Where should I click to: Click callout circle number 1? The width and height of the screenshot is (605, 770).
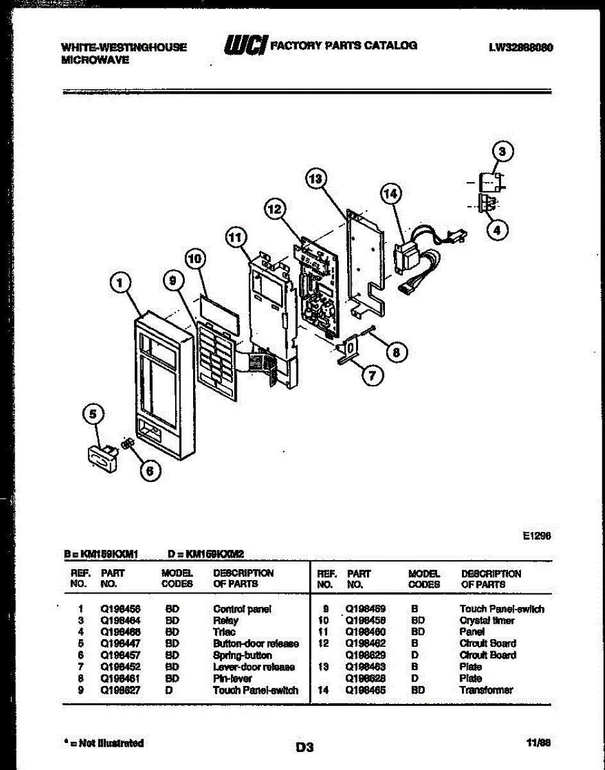coord(123,282)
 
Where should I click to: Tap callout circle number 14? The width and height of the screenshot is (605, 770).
coord(391,193)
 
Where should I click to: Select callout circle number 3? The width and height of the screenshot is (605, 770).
coord(503,152)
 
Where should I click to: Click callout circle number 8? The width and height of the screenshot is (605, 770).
coord(396,351)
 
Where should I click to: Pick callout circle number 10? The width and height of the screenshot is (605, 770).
coord(195,259)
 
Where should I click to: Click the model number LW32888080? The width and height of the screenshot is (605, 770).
coord(521,47)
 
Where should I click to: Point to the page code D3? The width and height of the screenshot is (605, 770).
coord(304,746)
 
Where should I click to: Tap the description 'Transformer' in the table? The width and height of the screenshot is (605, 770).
coord(486,690)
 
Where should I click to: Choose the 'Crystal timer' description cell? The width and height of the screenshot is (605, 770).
coord(486,620)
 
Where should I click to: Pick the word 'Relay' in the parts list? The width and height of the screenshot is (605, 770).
coord(225,620)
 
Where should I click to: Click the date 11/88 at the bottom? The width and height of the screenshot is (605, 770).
coord(538,743)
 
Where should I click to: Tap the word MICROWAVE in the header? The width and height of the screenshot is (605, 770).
coord(95,59)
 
